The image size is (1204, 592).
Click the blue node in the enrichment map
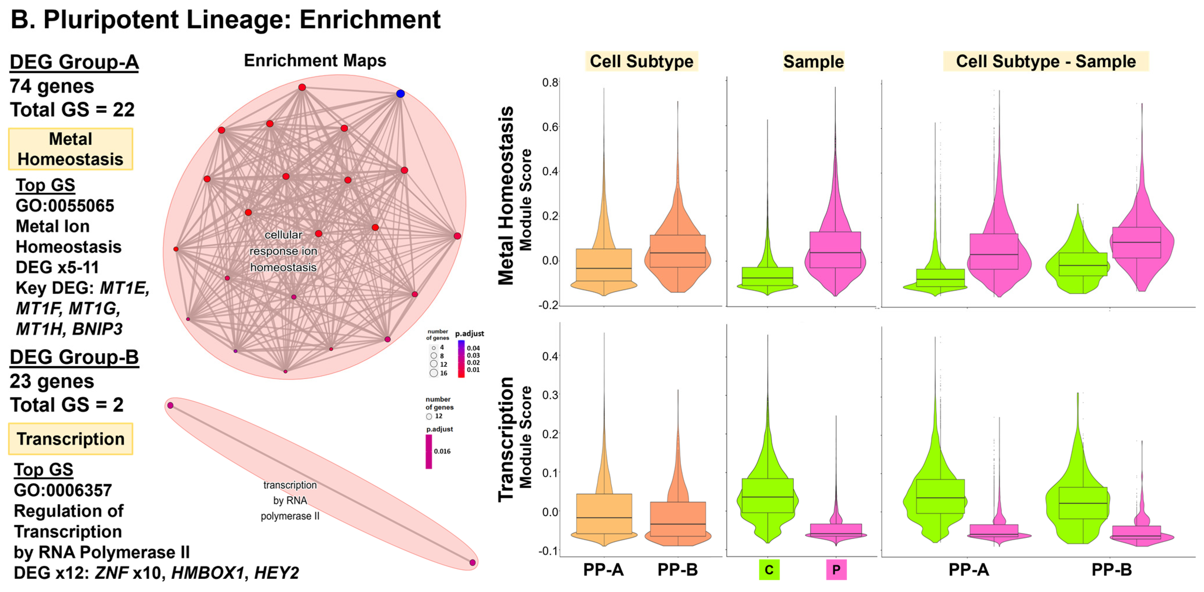[400, 94]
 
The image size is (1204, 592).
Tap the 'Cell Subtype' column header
[641, 61]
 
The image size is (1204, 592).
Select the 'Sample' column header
[813, 61]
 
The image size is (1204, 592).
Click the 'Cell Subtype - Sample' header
[1046, 61]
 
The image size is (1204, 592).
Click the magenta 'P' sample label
[836, 570]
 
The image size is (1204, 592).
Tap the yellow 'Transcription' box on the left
[71, 439]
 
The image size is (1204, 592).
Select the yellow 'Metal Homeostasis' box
[71, 149]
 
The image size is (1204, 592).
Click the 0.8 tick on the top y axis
[550, 83]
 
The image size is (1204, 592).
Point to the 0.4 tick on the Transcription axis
[550, 356]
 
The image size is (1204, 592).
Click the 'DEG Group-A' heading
[74, 62]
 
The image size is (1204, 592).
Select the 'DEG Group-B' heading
[74, 357]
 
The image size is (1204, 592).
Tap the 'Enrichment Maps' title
[315, 61]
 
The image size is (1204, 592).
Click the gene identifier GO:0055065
[65, 206]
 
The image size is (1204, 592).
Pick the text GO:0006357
[63, 490]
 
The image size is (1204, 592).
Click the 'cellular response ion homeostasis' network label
[283, 251]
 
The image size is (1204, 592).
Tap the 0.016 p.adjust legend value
[442, 451]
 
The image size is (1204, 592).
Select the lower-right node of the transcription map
[473, 562]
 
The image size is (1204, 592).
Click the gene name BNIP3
[97, 329]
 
